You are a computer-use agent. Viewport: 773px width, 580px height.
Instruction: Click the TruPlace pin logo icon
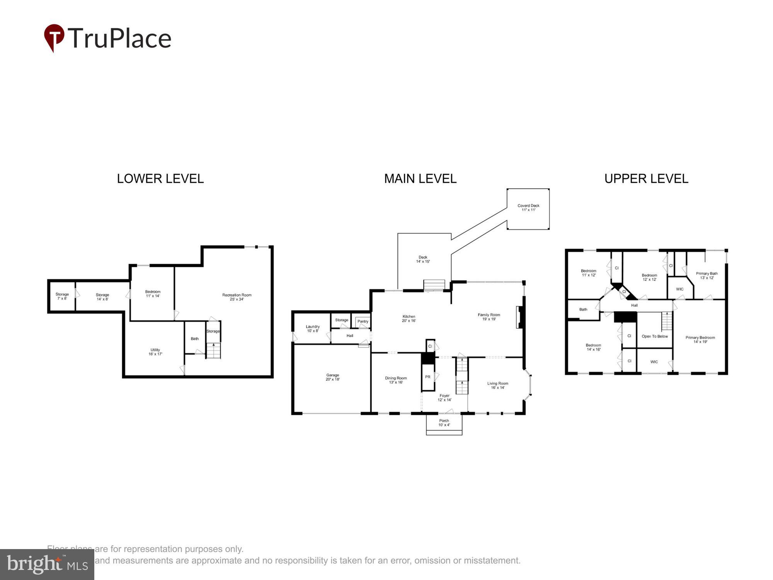(54, 38)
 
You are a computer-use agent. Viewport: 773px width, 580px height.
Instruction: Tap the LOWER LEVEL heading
(160, 179)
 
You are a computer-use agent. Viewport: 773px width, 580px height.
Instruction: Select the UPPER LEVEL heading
(646, 179)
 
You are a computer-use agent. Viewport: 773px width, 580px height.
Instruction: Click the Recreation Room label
(237, 297)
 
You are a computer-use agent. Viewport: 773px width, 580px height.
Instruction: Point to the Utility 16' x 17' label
(155, 352)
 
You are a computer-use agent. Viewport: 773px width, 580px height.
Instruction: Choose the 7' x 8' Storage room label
(62, 296)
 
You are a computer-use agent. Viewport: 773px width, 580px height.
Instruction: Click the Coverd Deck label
(528, 208)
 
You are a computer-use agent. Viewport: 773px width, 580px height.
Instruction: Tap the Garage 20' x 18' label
(332, 377)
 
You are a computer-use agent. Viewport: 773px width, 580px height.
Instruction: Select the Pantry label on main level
(363, 321)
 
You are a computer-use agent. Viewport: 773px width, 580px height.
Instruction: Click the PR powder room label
(427, 377)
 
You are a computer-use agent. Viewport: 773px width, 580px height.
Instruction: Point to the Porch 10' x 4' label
(444, 423)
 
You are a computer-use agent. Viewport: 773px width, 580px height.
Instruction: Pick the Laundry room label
(312, 329)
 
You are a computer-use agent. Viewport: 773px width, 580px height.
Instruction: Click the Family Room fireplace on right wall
(519, 317)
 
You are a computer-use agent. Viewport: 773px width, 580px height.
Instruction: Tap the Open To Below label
(654, 336)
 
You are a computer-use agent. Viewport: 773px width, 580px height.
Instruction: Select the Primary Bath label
(707, 275)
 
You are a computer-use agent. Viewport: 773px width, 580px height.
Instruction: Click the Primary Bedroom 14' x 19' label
(700, 339)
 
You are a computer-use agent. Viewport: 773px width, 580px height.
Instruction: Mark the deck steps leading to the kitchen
(434, 285)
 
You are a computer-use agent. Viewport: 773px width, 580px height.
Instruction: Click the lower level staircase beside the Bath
(213, 350)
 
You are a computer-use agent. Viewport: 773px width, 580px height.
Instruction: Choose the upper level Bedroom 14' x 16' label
(593, 347)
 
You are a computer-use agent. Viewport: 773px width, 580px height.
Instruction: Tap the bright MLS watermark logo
(47, 565)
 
